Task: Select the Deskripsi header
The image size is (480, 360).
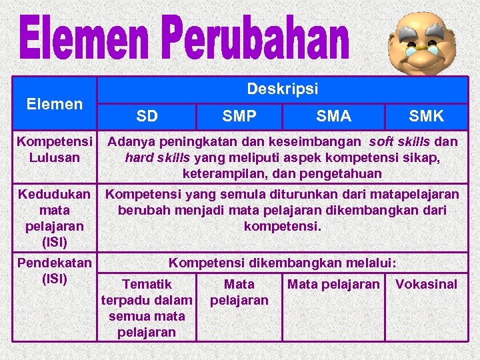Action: click(x=283, y=89)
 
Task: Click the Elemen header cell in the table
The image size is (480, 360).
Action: click(x=54, y=104)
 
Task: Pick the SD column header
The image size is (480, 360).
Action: click(x=147, y=117)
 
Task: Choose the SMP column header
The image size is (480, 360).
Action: click(x=239, y=117)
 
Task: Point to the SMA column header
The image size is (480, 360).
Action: click(x=334, y=117)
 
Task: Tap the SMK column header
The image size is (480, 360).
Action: click(x=426, y=117)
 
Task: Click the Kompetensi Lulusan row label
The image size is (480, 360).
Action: click(x=55, y=149)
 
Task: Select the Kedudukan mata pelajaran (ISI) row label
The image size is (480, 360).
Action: click(x=54, y=217)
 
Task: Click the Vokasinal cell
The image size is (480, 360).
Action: click(x=427, y=285)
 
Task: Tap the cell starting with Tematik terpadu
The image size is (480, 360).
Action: click(x=147, y=308)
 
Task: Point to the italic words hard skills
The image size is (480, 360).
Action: click(x=157, y=158)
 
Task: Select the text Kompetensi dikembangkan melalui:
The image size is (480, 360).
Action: click(x=283, y=263)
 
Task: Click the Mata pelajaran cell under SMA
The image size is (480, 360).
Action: click(x=333, y=285)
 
